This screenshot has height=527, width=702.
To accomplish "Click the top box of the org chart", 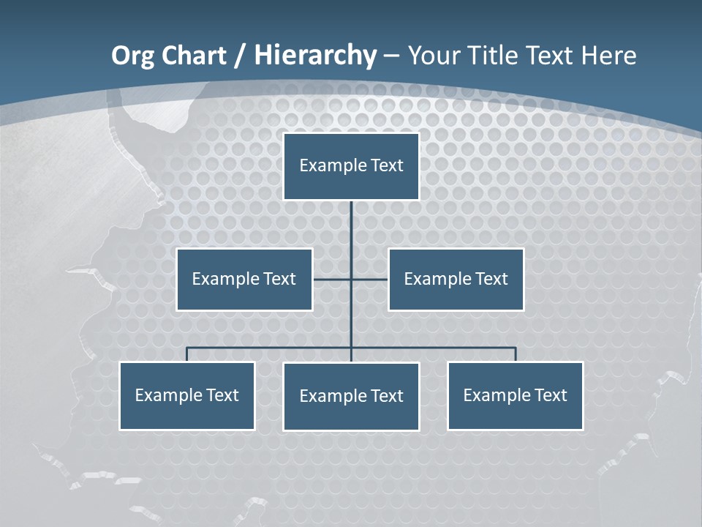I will tap(351, 166).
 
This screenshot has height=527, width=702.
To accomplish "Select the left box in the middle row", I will tap(244, 279).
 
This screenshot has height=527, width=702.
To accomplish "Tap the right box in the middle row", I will tap(456, 279).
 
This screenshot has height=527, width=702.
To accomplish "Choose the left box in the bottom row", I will tap(186, 395).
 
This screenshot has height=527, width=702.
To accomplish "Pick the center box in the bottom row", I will tap(351, 396).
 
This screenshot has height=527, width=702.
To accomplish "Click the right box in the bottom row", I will tap(515, 395).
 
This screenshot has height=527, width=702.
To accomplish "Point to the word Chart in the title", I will tap(193, 56).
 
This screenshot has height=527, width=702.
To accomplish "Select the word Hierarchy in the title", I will tap(315, 56).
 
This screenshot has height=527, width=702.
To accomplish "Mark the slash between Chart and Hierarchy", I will tap(240, 56).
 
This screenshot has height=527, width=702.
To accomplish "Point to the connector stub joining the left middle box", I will tap(331, 279).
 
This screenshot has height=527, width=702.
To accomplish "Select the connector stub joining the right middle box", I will tap(370, 279).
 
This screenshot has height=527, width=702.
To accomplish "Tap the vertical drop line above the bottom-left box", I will tap(186, 354).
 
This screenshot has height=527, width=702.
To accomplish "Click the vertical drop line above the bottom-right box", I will tap(516, 354).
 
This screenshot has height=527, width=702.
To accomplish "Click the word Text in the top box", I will tap(387, 165).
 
